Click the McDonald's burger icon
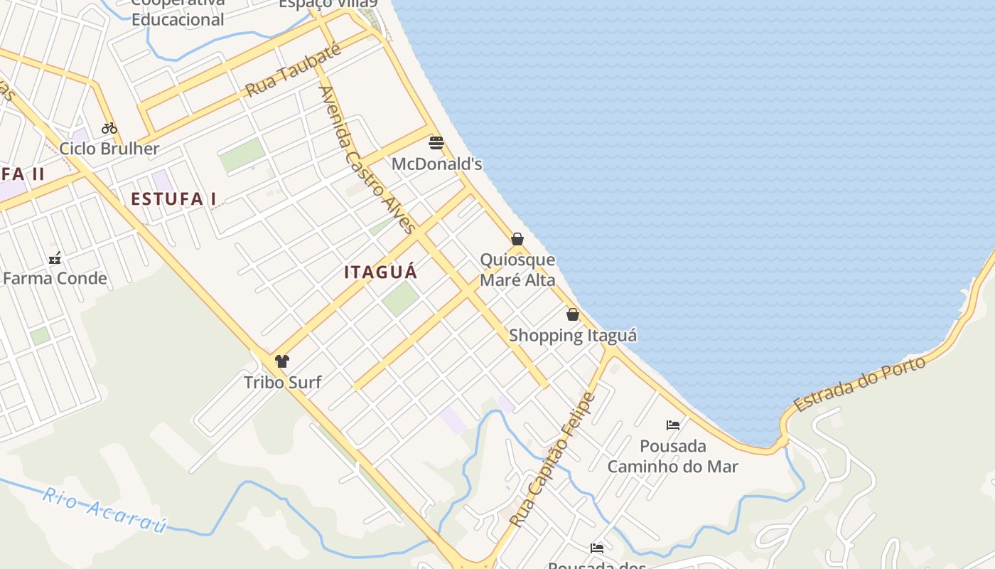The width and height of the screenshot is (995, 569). [436, 143]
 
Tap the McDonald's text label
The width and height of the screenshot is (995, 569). [436, 164]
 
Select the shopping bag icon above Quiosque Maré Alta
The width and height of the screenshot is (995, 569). [517, 239]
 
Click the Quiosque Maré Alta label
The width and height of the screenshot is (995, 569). [517, 270]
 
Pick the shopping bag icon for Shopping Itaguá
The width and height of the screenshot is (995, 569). [573, 314]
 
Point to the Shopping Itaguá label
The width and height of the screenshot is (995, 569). [573, 335]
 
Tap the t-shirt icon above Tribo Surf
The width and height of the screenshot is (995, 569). [282, 361]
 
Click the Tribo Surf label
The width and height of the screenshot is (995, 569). [282, 383]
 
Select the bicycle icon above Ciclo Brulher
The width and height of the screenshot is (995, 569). [109, 128]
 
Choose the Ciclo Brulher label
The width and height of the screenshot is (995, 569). [109, 149]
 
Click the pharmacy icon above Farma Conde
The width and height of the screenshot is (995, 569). [55, 258]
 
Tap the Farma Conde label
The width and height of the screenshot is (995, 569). [55, 278]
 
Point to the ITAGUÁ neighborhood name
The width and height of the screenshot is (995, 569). [381, 272]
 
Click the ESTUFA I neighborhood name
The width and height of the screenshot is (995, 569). [173, 199]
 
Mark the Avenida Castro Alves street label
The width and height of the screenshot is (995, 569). [366, 160]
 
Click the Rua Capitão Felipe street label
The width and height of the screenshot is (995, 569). [552, 459]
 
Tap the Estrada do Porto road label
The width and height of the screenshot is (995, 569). [860, 384]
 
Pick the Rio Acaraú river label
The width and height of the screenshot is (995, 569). [104, 511]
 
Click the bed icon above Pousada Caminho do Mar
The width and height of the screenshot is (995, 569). [673, 425]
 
